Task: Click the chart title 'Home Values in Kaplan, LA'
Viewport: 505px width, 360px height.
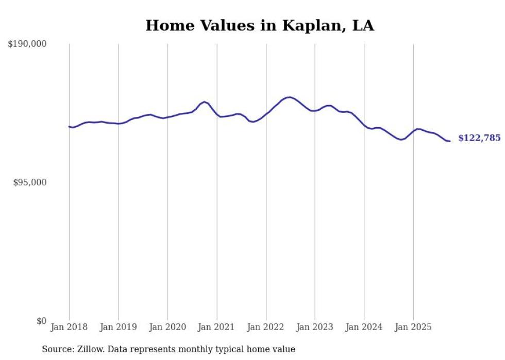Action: pos(260,25)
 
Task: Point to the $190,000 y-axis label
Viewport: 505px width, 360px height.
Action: pos(27,44)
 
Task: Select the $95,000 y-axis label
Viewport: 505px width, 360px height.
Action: pos(30,182)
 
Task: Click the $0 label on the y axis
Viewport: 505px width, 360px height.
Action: pos(41,321)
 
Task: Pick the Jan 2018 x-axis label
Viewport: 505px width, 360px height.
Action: pos(69,327)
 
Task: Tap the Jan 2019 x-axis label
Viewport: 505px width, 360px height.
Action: pos(119,327)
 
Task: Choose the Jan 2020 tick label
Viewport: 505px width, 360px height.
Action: pos(167,327)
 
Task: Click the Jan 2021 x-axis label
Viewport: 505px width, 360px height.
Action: pos(217,327)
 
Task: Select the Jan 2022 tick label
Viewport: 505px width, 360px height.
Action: pos(266,327)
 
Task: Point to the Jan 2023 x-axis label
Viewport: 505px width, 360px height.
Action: pos(315,327)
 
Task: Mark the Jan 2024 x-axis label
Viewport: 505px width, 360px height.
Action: pos(364,327)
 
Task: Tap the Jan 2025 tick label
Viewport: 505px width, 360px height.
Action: pos(413,327)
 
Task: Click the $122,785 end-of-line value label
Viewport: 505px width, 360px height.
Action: pos(479,138)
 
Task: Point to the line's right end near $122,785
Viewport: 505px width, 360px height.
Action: pos(450,141)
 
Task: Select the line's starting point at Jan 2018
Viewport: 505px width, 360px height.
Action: pos(69,126)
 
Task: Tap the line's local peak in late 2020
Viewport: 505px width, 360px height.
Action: pos(205,101)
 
